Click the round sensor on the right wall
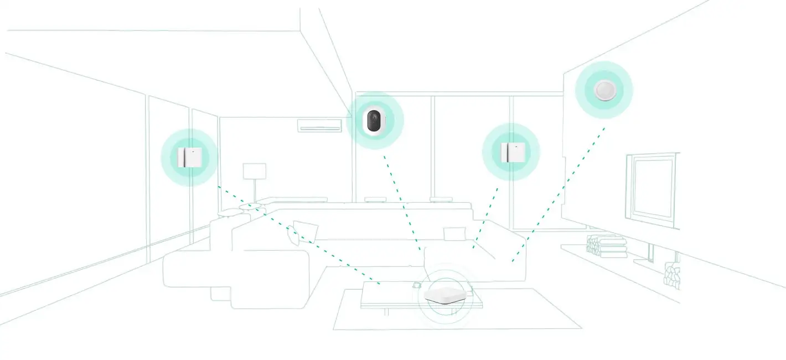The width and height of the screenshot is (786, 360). (603, 90)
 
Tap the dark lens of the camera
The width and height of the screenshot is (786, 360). (374, 120)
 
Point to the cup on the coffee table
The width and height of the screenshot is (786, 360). (416, 285)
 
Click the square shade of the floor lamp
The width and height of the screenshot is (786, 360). (255, 171)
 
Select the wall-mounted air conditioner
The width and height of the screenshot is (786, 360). (320, 126)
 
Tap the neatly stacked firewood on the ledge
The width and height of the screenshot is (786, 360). (607, 246)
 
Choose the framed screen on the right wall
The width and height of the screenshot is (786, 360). (653, 189)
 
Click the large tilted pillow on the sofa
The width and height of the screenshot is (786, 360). (304, 231)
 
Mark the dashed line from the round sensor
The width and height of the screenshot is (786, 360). (559, 194)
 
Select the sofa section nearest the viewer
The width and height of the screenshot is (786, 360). (238, 277)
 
